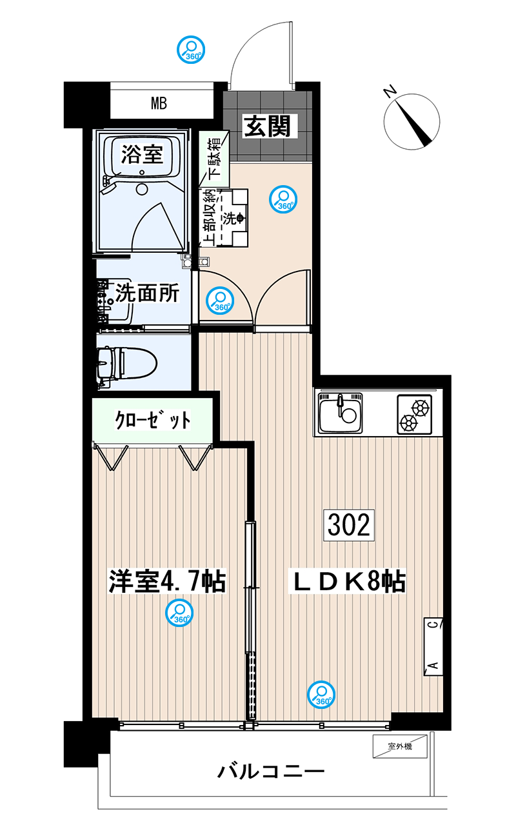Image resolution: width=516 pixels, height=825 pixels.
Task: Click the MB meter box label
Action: pos(159,103)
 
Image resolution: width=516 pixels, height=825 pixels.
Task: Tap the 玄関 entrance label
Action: pos(267,126)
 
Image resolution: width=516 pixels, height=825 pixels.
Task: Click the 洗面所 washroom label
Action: pos(147,293)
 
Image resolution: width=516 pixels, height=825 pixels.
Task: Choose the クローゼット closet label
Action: pos(152,419)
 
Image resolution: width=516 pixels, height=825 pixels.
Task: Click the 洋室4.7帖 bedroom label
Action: pos(167,581)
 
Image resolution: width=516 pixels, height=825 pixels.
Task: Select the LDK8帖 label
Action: pos(346,581)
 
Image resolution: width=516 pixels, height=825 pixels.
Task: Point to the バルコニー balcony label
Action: pos(271,770)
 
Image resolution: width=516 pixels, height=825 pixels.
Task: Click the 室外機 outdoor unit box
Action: pos(400,746)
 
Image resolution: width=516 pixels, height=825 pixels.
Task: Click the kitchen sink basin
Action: pos(341,413)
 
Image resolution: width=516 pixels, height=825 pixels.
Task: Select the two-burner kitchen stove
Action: pos(414,414)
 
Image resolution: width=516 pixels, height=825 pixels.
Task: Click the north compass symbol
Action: pos(412,121)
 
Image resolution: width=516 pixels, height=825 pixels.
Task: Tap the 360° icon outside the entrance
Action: pos(191,50)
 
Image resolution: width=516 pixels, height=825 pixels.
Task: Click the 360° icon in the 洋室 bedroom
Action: pos(179,613)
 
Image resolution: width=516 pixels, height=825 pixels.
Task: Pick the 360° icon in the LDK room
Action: pos(321,695)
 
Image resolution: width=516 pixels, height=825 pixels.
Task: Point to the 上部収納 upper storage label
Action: pos(209,217)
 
